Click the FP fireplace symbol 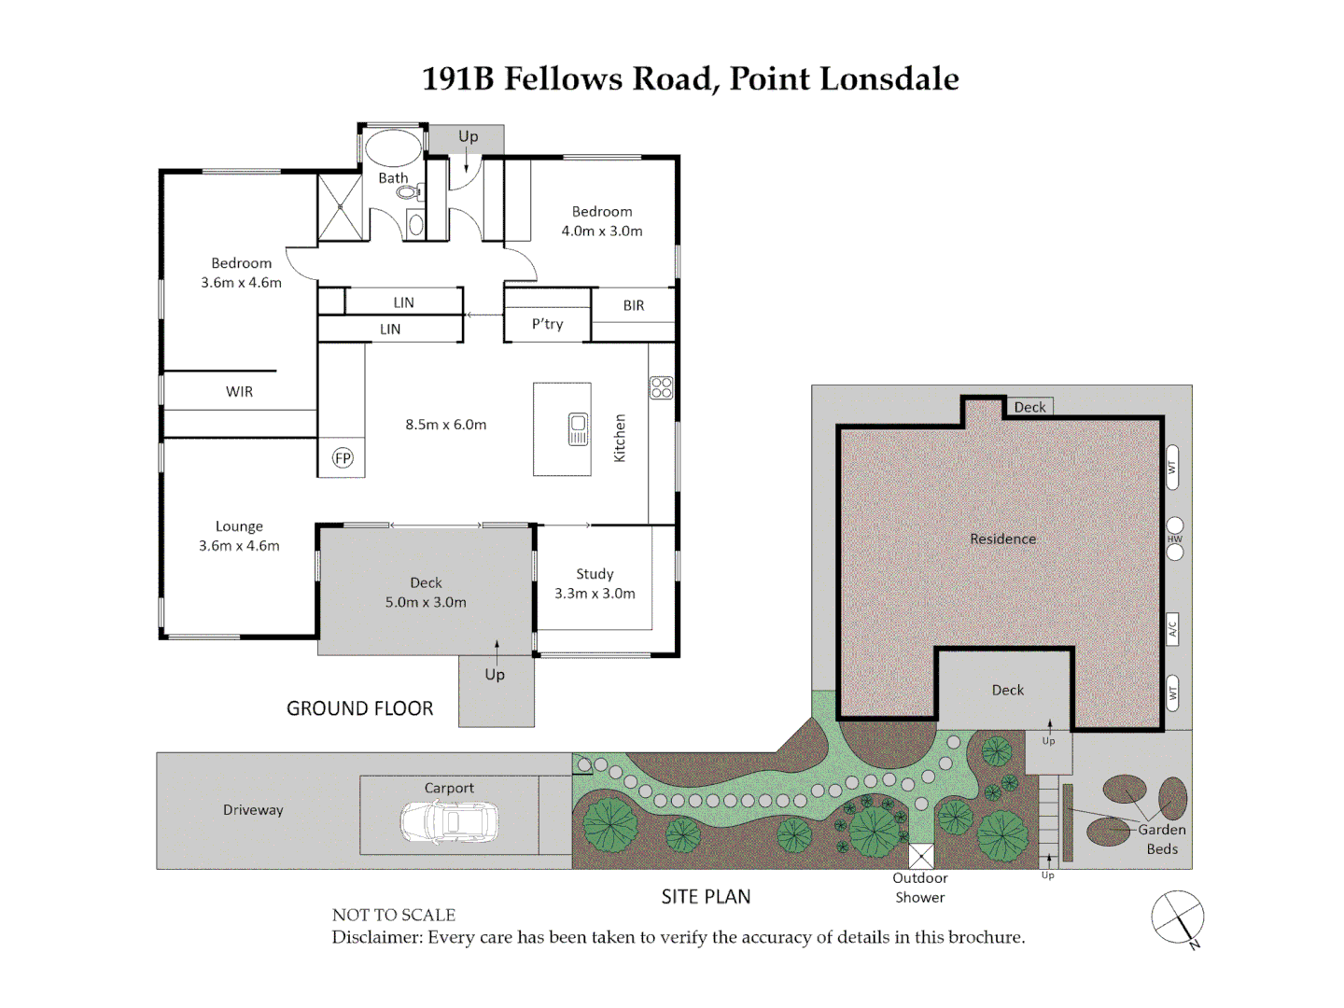(343, 457)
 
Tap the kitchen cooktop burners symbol (662, 387)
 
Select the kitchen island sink (578, 429)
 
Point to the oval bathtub (393, 148)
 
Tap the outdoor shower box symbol (921, 857)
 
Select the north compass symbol (1178, 917)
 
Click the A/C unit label (1172, 628)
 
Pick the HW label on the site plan (1174, 539)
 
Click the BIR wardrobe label (633, 305)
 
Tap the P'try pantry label (547, 324)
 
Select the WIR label (239, 392)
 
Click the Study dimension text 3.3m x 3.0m (595, 593)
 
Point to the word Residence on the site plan (1003, 539)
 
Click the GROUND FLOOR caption (359, 708)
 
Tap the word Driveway (253, 810)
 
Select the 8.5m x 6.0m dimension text (446, 424)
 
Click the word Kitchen (619, 438)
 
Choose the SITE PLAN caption (706, 897)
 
